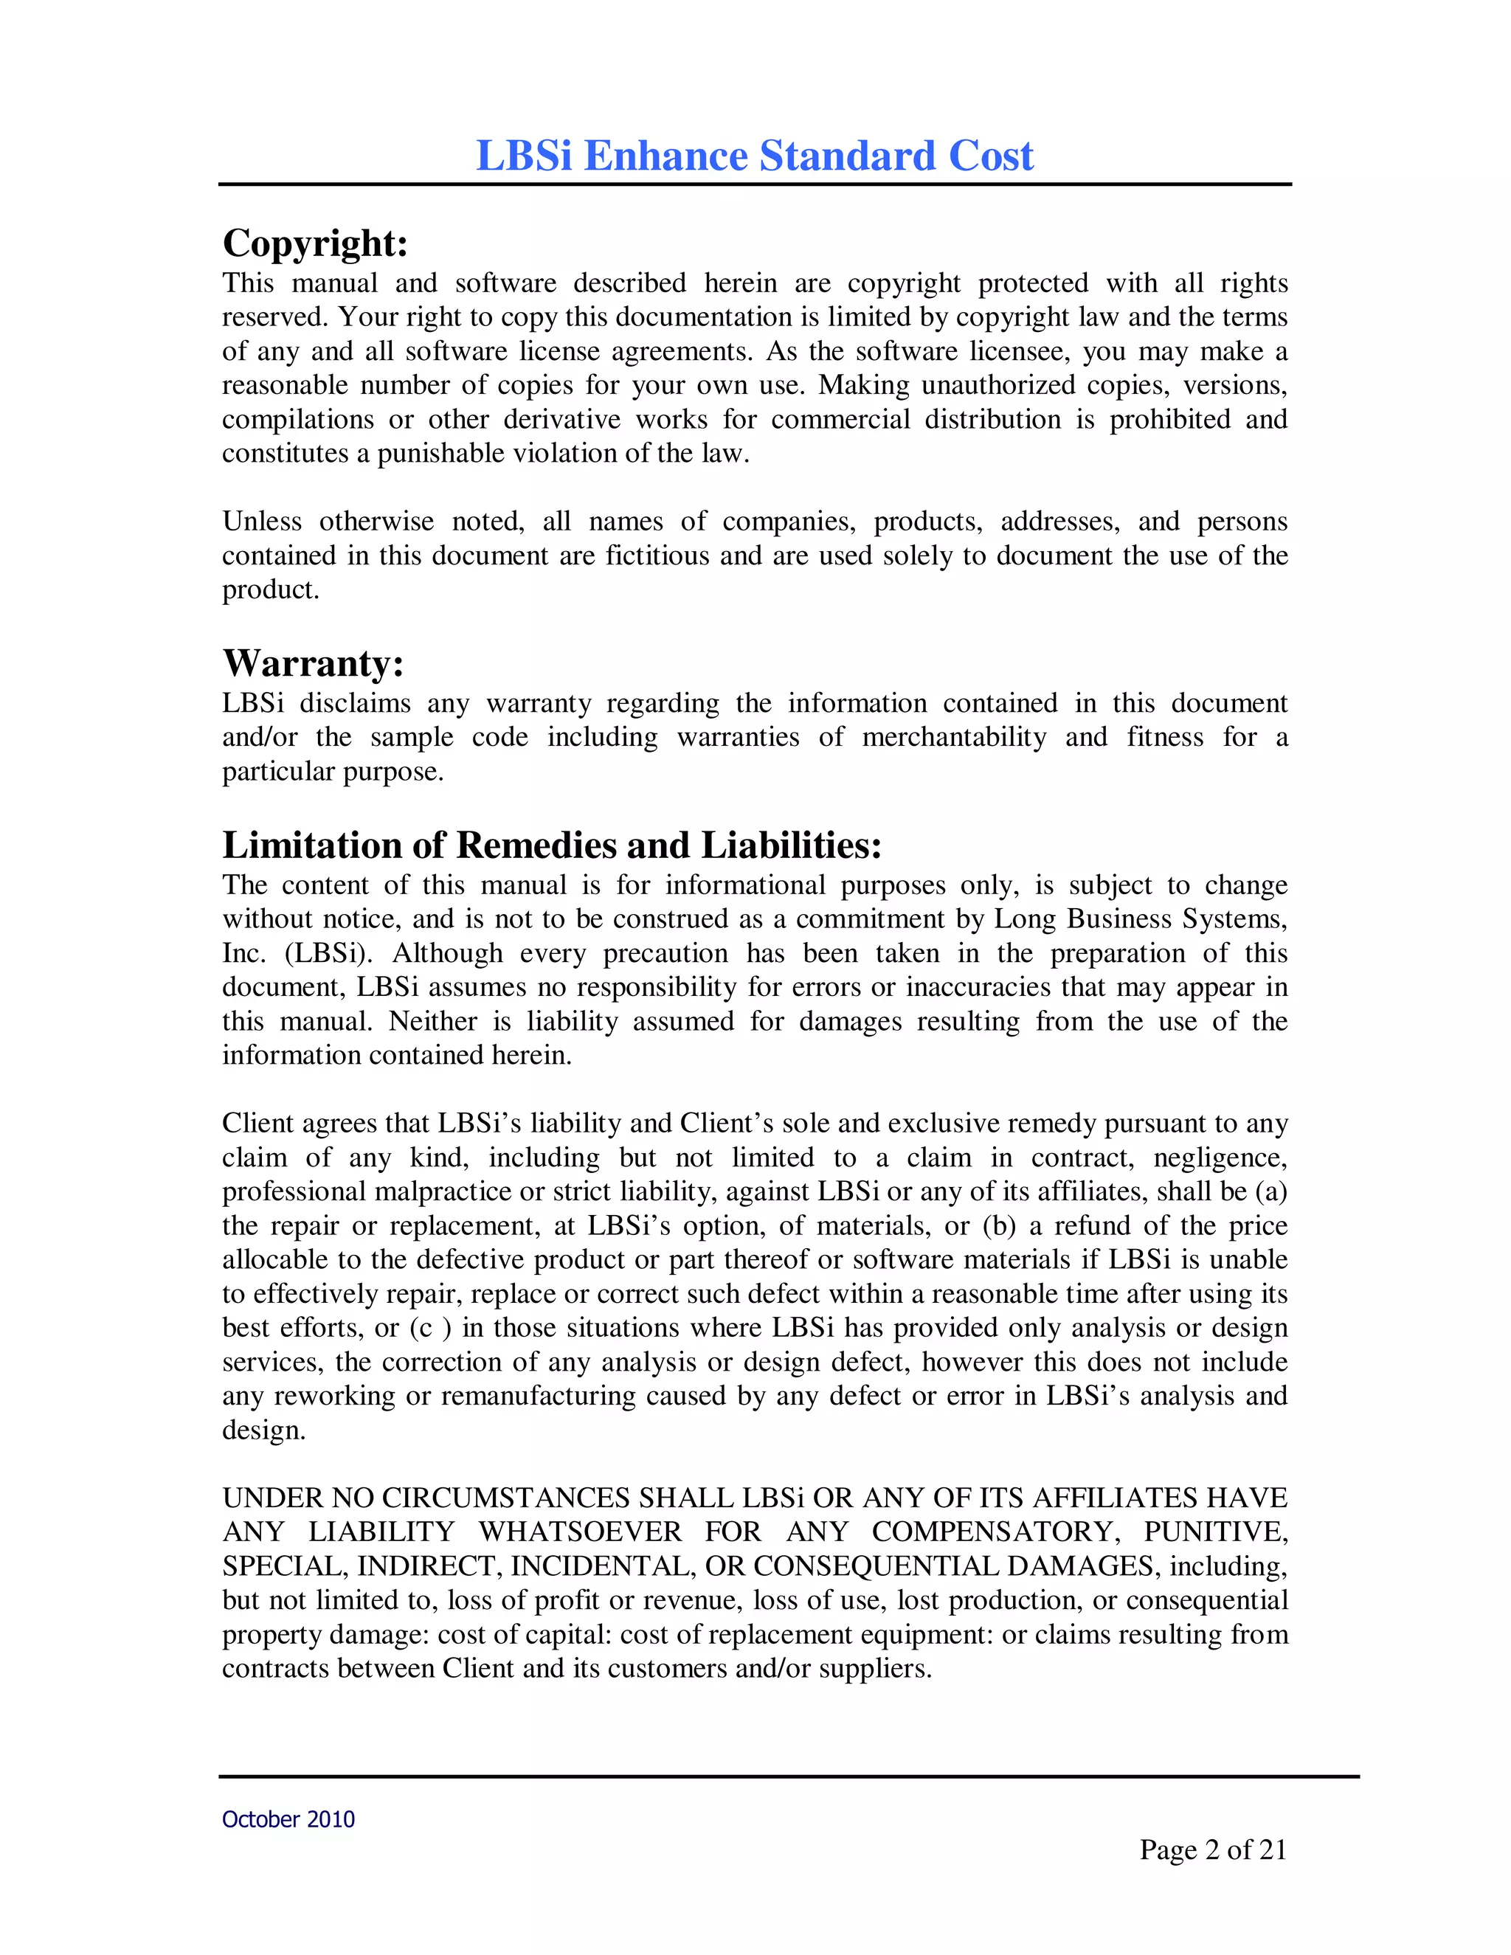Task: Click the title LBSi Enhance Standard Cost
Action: (x=755, y=156)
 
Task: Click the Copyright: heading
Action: (x=315, y=243)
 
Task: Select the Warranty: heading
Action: (x=312, y=663)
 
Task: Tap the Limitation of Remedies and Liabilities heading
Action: (x=551, y=845)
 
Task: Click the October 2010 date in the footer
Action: (x=288, y=1819)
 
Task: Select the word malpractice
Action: (x=444, y=1191)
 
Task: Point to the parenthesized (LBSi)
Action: (x=328, y=953)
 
